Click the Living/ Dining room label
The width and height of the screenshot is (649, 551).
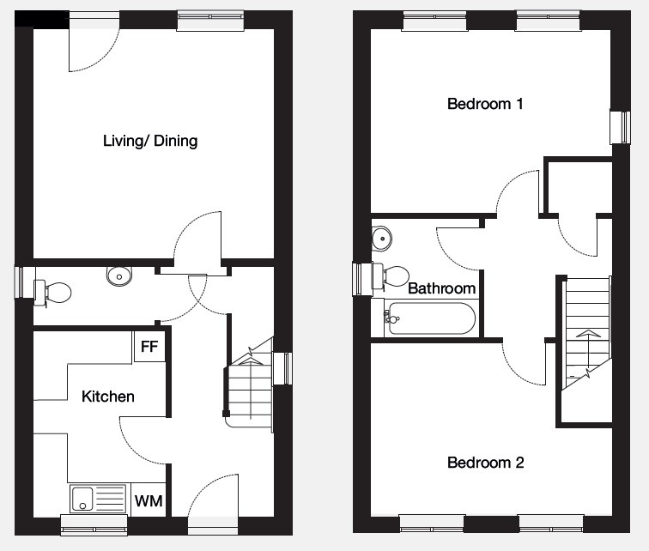(150, 141)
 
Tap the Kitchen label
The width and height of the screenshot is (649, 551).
(108, 397)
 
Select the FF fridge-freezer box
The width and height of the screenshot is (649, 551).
(149, 346)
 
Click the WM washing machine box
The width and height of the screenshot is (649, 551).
(149, 500)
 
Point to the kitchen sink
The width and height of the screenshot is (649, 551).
(98, 499)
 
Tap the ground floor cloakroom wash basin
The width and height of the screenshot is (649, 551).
(119, 275)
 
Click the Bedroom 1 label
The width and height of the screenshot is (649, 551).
(485, 103)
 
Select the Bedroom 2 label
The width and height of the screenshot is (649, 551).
(486, 462)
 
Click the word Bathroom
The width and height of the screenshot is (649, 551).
(441, 288)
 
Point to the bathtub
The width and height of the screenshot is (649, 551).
(429, 318)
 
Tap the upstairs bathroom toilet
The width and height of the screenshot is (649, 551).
(391, 275)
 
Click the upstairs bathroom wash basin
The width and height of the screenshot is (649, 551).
(381, 239)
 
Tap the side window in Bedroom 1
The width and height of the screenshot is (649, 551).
(621, 127)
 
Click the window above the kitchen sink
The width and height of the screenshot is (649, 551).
(94, 525)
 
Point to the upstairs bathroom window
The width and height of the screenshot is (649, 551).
(362, 279)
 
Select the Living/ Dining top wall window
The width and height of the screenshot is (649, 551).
(210, 21)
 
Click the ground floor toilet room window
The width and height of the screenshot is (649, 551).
(24, 282)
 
